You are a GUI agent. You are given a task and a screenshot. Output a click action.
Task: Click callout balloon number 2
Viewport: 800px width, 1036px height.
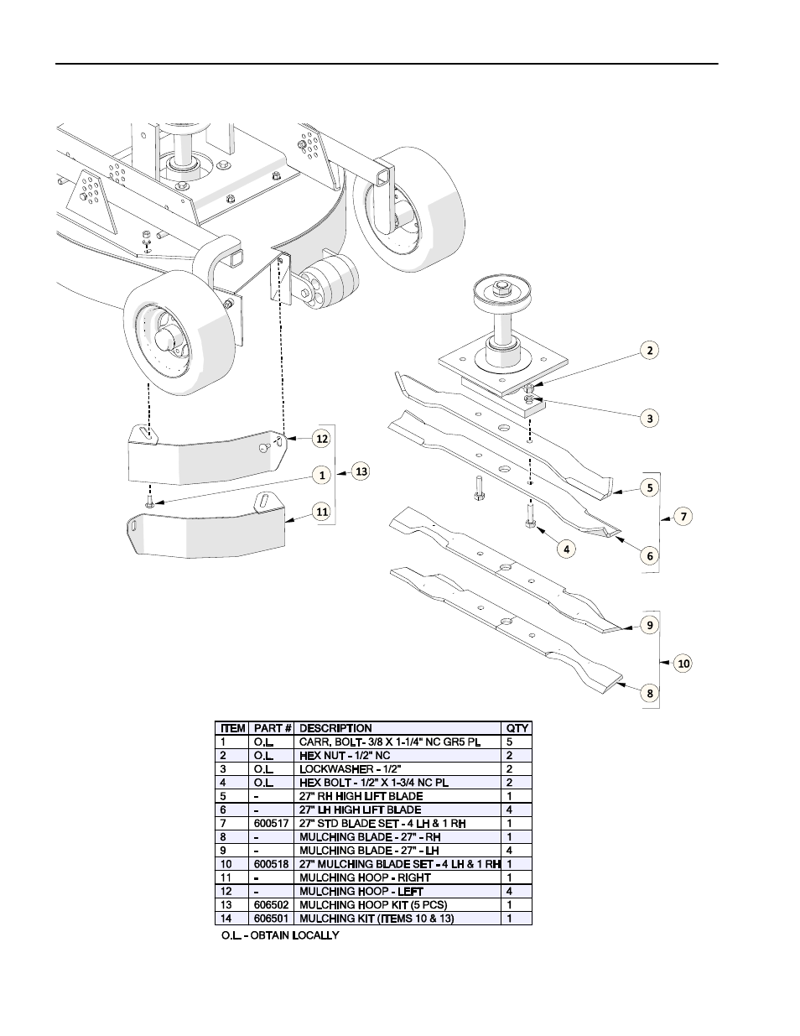tap(650, 351)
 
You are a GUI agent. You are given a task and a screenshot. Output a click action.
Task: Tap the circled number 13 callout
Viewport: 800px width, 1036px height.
tap(361, 471)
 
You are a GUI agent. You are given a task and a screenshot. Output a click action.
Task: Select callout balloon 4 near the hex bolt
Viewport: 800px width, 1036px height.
tap(567, 549)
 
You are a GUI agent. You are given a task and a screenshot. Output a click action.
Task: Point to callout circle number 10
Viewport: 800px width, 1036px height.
tap(683, 664)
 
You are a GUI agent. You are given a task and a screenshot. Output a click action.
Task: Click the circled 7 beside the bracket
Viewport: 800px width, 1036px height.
tap(683, 517)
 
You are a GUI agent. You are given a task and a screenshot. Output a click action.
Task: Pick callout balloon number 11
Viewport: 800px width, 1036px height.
tap(322, 512)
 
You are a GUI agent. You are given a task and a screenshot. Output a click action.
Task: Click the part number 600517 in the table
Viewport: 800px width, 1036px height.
tap(271, 824)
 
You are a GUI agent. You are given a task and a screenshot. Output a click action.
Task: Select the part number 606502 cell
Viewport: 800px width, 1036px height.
tap(271, 905)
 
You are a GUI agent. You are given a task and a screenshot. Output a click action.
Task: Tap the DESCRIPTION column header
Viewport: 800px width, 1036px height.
tap(335, 728)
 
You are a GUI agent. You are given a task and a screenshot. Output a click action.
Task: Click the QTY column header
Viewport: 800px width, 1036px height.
tap(517, 728)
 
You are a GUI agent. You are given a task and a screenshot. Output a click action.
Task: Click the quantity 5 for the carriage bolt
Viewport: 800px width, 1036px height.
tap(509, 742)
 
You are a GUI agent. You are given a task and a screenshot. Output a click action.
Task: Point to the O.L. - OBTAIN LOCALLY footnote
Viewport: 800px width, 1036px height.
tap(280, 935)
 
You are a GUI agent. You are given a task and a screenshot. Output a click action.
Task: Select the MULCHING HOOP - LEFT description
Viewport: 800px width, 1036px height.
tap(361, 892)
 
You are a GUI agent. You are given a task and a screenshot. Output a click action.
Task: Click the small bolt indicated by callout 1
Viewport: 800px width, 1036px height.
tap(149, 502)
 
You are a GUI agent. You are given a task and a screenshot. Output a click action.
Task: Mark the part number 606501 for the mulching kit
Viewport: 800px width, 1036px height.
tap(271, 919)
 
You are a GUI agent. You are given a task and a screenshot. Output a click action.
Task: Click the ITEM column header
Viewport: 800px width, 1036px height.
tap(233, 728)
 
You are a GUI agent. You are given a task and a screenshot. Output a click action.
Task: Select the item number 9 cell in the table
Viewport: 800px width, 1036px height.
tap(223, 851)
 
